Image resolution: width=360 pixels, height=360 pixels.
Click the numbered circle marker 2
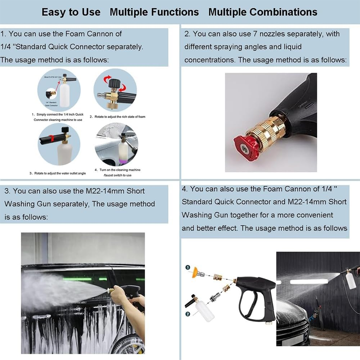pyautogui.click(x=188, y=314)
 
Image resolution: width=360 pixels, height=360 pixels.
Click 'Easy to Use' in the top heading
pyautogui.click(x=71, y=12)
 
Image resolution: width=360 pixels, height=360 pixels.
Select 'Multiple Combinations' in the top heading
pyautogui.click(x=263, y=12)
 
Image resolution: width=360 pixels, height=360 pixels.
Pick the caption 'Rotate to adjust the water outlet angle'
pyautogui.click(x=58, y=173)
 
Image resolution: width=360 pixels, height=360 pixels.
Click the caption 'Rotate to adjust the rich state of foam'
pyautogui.click(x=117, y=117)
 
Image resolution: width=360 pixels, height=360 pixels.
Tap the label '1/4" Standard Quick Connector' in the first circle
pyautogui.click(x=50, y=104)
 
